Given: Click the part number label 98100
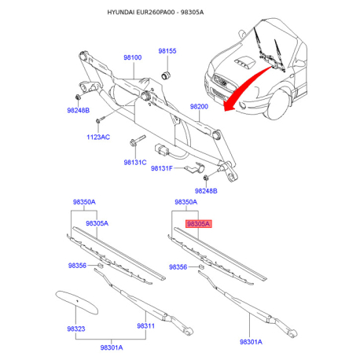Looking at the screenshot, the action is (x=133, y=57).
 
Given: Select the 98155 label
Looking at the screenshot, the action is (x=167, y=51).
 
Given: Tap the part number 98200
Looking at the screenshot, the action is (x=199, y=106).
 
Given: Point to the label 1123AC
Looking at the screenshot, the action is (x=98, y=137).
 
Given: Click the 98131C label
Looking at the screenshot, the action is (x=135, y=163).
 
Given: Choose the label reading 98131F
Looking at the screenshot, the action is (x=162, y=168).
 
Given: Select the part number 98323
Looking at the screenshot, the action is (x=76, y=329).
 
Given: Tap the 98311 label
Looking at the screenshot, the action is (x=145, y=325).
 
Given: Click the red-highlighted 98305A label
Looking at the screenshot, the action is (x=198, y=224).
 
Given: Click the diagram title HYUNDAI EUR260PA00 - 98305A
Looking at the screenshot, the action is (x=156, y=12).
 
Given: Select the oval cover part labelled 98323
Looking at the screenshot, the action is (x=77, y=302).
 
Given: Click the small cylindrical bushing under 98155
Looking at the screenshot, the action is (x=166, y=75).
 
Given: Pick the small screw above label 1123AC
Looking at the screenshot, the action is (x=100, y=119).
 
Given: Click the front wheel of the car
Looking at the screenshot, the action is (x=279, y=104).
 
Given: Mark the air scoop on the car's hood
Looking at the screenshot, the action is (x=244, y=63).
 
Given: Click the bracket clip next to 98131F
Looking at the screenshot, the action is (x=195, y=167).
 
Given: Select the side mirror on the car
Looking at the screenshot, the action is (x=241, y=34).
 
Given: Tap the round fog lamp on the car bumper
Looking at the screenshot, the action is (x=242, y=105).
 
